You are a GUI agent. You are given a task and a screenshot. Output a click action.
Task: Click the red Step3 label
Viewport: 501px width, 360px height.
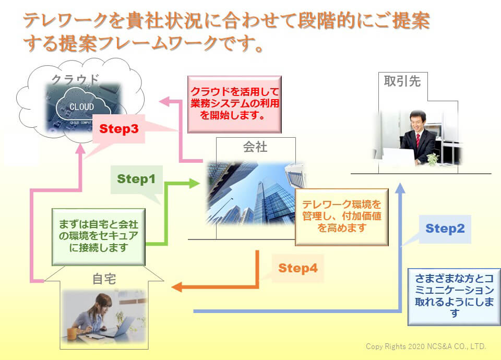pyautogui.click(x=118, y=129)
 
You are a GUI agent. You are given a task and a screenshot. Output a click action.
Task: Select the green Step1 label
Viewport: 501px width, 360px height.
pyautogui.click(x=136, y=179)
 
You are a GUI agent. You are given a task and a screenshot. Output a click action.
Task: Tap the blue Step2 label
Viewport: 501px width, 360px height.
pyautogui.click(x=445, y=229)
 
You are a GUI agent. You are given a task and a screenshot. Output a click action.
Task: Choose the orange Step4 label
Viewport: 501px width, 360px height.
pyautogui.click(x=298, y=268)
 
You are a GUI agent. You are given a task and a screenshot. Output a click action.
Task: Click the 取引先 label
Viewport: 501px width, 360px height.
pyautogui.click(x=402, y=81)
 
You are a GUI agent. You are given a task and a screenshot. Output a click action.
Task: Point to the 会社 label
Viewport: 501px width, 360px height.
pyautogui.click(x=255, y=147)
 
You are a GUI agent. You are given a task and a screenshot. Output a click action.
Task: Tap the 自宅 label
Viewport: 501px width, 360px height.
pyautogui.click(x=104, y=279)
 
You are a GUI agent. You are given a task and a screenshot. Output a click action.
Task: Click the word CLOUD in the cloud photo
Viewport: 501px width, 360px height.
pyautogui.click(x=82, y=106)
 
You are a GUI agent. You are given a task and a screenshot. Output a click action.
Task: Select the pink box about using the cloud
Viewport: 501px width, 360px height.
pyautogui.click(x=234, y=104)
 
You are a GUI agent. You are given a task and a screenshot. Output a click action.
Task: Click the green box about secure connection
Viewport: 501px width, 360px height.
pyautogui.click(x=99, y=237)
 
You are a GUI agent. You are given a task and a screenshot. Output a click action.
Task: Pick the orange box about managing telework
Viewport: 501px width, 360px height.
pyautogui.click(x=341, y=217)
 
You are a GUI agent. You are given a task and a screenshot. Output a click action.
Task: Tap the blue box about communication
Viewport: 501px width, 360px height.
pyautogui.click(x=454, y=297)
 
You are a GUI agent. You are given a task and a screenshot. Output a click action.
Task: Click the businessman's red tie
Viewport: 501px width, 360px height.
pyautogui.click(x=417, y=140)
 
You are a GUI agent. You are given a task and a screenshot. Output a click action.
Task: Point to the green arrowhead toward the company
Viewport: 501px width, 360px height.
pyautogui.click(x=195, y=183)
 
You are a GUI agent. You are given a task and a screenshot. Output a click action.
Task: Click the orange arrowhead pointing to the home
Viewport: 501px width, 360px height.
pyautogui.click(x=177, y=287)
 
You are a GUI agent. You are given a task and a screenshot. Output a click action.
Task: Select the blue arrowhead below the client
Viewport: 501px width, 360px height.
pyautogui.click(x=400, y=188)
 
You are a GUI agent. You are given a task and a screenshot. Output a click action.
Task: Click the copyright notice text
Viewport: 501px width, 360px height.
pyautogui.click(x=426, y=346)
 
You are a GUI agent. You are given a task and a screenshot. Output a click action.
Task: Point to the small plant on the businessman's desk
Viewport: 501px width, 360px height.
pyautogui.click(x=433, y=159)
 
